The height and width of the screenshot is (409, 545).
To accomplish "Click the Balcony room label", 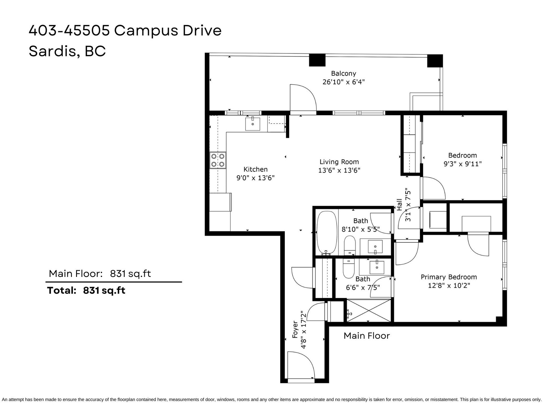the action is tap(343, 74).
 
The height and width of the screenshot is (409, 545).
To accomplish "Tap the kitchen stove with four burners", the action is tap(218, 160).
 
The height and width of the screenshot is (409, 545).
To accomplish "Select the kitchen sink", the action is tap(253, 124).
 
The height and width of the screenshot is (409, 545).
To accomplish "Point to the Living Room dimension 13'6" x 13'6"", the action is tap(339, 170).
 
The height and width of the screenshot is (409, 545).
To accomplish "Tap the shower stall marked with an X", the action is tap(369, 310).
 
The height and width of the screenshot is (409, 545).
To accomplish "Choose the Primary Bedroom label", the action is tap(449, 277).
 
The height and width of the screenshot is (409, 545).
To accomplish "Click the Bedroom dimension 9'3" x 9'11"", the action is tap(463, 164).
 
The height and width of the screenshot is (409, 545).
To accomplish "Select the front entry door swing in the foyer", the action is tap(301, 365).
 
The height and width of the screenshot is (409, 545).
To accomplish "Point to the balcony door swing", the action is tap(303, 98).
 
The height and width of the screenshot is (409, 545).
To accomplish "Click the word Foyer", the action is tap(295, 329).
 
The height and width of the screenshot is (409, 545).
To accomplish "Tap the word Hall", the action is tap(399, 204).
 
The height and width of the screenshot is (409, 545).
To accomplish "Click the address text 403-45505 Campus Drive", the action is tap(125, 31).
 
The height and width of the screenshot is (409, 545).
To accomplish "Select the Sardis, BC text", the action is tap(67, 51).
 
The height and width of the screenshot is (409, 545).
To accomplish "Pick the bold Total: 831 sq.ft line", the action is tap(86, 290).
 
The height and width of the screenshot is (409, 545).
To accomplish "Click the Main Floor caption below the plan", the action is tap(367, 336).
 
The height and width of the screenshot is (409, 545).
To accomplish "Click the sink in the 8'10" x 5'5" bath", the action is tap(375, 247).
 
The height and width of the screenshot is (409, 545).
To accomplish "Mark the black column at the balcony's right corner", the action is tap(435, 61).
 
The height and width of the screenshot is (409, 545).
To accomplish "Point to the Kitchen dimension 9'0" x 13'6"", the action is tap(255, 178).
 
